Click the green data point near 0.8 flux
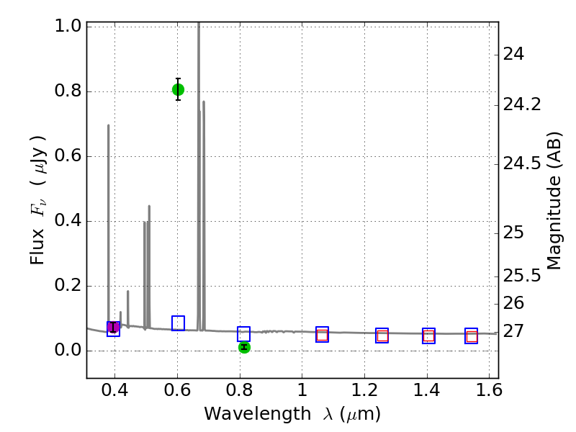click(178, 89)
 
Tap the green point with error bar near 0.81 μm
click(244, 347)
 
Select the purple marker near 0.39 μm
click(113, 328)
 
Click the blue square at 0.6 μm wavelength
click(178, 323)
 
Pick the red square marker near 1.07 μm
click(322, 335)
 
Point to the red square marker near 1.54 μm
click(472, 336)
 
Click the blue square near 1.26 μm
click(382, 336)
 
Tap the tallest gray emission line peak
click(199, 24)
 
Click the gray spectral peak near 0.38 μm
click(109, 125)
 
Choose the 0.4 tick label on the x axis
click(115, 393)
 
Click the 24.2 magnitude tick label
click(523, 105)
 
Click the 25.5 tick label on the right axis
click(523, 276)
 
